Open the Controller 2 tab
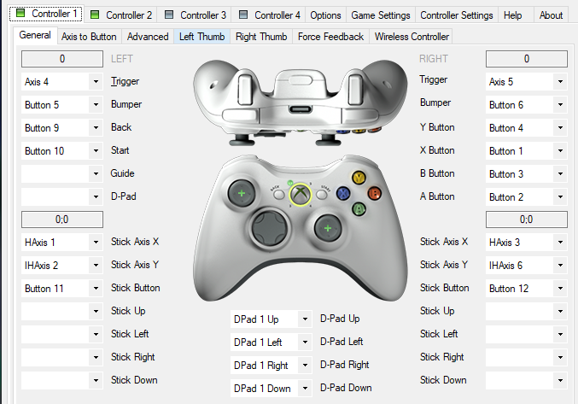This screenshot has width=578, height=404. point(121,15)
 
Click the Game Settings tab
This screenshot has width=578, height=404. point(382,15)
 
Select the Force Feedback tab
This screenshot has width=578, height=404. point(330,37)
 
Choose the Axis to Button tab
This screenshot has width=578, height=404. point(89,37)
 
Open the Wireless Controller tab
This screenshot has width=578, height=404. point(412,37)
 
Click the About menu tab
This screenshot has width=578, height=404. point(551,15)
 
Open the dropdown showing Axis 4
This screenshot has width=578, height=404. point(62,82)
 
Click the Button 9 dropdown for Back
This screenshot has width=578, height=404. point(62,128)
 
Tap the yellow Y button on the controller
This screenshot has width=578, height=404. point(359,178)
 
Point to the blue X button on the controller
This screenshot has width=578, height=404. point(343,192)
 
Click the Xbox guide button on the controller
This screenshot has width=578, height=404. point(299,195)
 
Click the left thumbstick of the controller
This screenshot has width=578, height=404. point(241,194)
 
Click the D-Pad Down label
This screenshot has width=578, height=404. point(346,388)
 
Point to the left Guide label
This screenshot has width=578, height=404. point(122,173)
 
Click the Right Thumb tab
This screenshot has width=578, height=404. point(261,37)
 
